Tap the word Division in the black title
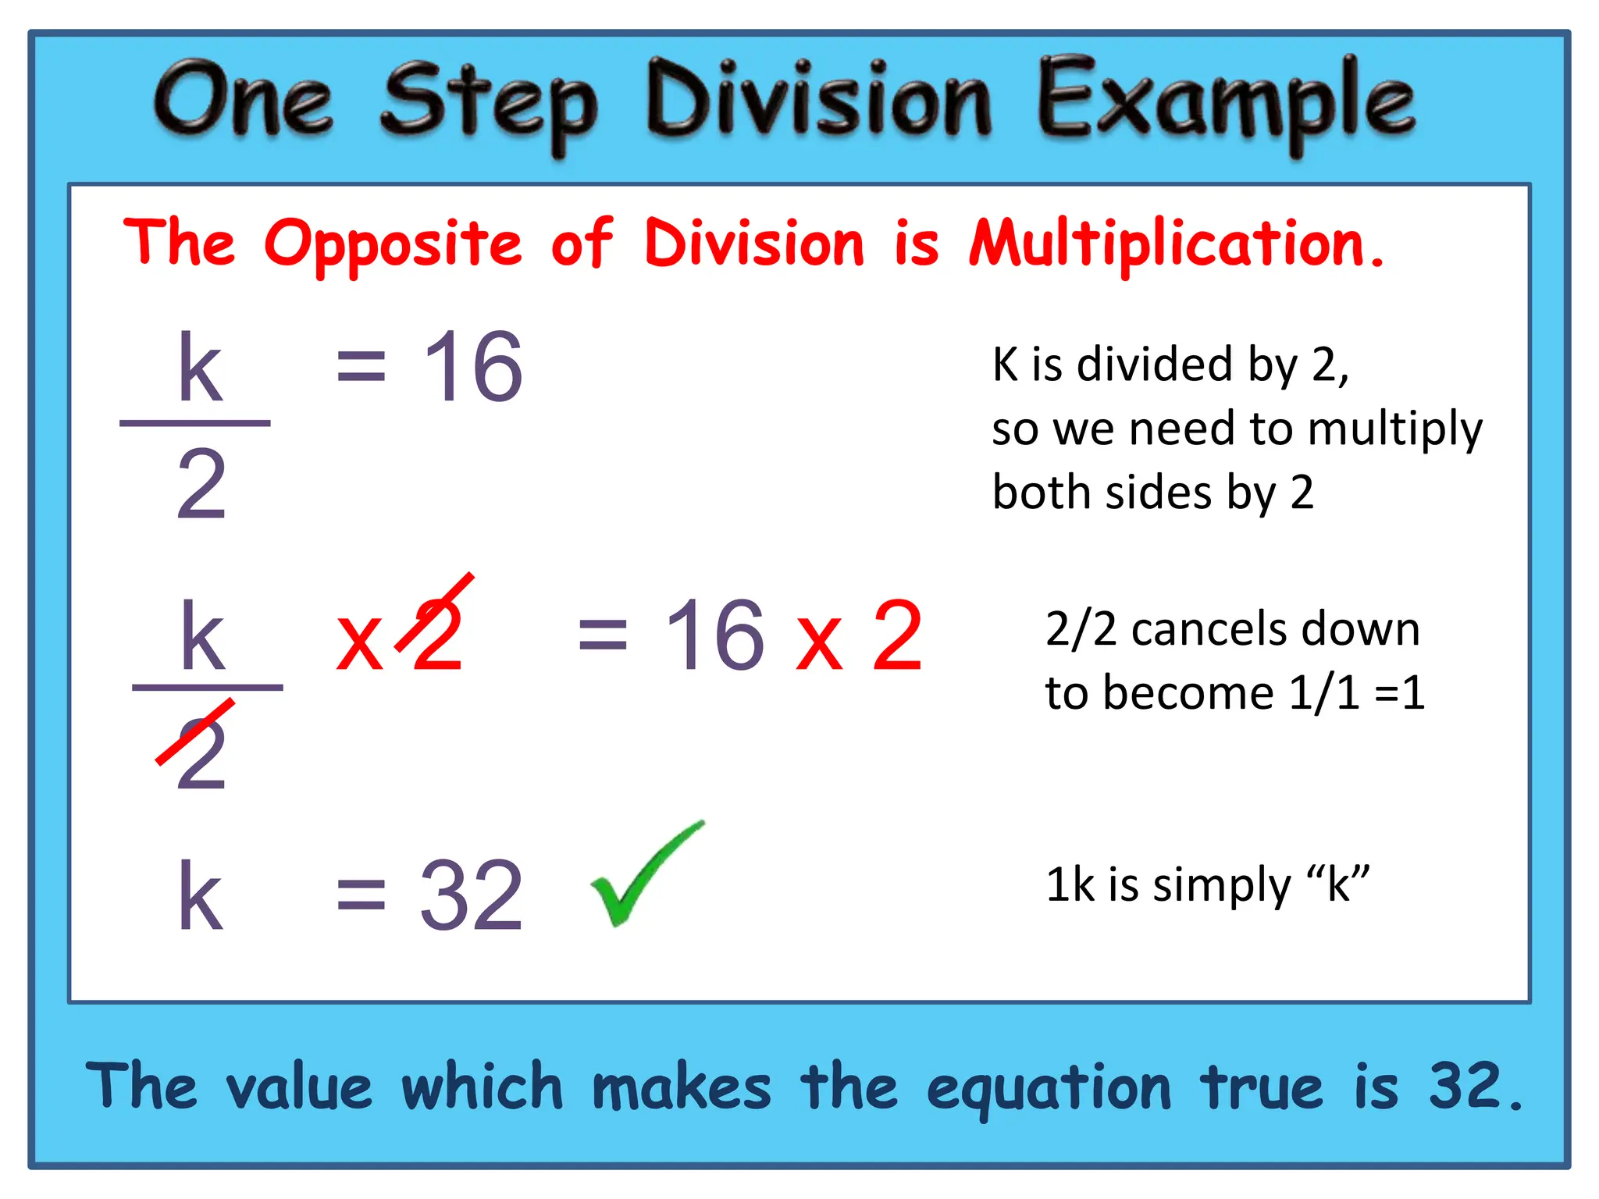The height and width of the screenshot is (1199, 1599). pos(818,101)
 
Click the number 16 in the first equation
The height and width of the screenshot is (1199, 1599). pos(472,366)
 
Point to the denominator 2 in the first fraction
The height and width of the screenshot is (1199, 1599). pos(201,485)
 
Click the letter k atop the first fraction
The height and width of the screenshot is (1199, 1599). pos(200,368)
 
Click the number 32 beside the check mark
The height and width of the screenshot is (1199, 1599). pos(471,895)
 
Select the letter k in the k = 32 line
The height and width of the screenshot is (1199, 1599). pos(200,895)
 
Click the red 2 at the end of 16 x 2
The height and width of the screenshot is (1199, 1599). pos(897,635)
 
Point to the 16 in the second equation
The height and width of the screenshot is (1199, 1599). pos(714,635)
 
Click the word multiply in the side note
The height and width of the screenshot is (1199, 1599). pos(1394,430)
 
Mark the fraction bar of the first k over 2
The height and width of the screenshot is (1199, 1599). pos(195,423)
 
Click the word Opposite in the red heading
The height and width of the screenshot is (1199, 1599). pos(393,244)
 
